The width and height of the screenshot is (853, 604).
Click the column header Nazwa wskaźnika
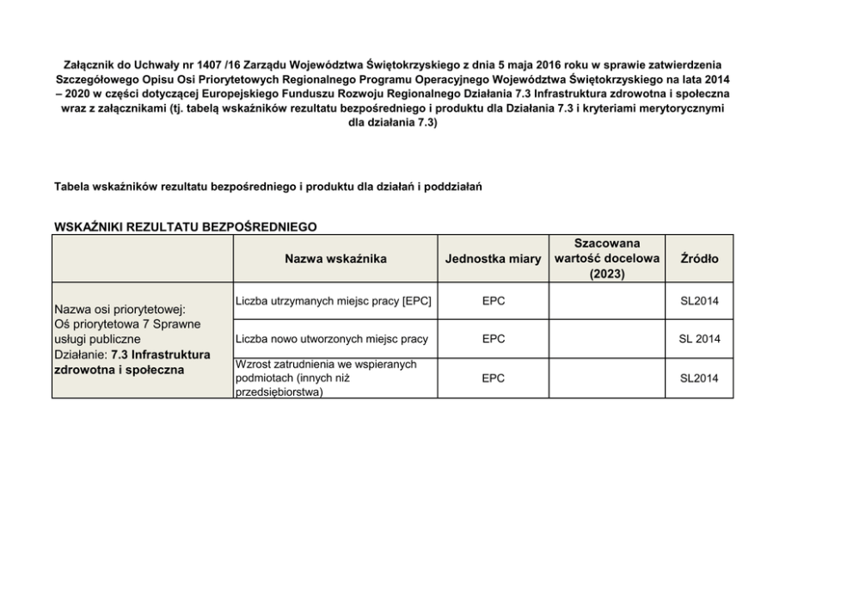coord(335,258)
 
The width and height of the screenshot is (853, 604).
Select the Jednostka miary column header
coord(493,259)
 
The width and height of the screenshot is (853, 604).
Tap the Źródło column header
coord(699,258)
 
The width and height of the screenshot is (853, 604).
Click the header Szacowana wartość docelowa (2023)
coord(606,258)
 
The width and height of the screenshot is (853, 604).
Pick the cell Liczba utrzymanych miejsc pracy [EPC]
coord(333,300)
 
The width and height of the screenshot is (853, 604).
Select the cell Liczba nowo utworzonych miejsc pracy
coord(331,339)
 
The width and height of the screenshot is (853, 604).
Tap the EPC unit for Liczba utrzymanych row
coord(493,300)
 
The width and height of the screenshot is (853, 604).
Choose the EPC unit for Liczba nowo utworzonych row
coord(493,339)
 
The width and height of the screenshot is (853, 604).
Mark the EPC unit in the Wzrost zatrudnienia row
coord(493,378)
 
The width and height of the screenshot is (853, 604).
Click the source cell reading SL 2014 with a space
coord(699,339)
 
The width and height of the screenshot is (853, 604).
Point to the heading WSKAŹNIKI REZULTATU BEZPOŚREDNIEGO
coord(185,227)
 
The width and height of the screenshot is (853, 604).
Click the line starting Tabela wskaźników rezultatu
coord(267,187)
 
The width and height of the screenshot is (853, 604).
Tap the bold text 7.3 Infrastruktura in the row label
coord(161,354)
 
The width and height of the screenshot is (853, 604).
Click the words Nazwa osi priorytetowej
coord(120,308)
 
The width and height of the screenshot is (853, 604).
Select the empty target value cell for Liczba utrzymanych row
coord(606,300)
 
